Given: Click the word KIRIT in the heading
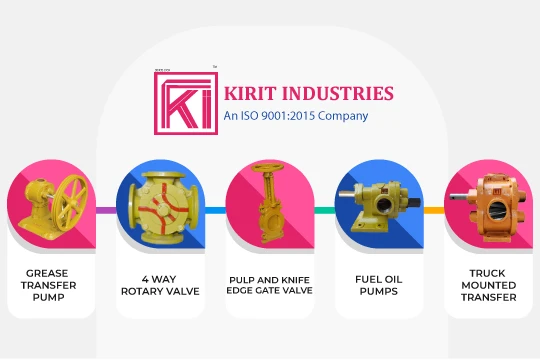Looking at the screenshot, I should pos(257,94).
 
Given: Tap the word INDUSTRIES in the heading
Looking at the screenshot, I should pos(339,94).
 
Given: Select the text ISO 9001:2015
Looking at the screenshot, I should pos(290,116).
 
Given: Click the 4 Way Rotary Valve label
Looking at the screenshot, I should pos(159,284).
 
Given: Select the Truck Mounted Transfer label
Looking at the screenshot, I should pos(490,284).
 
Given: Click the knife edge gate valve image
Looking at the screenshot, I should pos(268,212).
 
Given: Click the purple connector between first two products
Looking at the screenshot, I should pos(105,210).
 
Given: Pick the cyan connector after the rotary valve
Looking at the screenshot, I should pos(214,210).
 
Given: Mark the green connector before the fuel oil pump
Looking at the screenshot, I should pos(323,210).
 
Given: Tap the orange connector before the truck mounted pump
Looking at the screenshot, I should pos(433,210).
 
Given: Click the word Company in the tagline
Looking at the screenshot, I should pos(344,116).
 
